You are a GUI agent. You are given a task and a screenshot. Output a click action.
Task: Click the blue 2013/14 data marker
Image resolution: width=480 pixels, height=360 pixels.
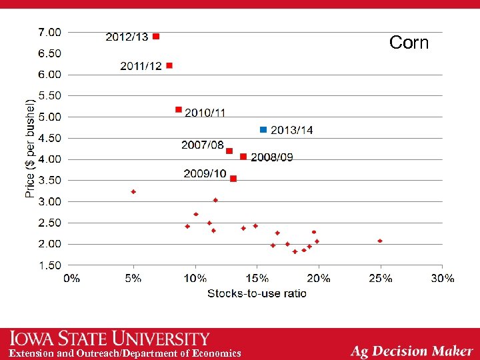coord(263,129)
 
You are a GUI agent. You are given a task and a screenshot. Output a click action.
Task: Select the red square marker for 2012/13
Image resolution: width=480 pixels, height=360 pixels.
coord(156,37)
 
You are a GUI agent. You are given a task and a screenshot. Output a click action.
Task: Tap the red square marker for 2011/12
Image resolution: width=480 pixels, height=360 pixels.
coord(169,65)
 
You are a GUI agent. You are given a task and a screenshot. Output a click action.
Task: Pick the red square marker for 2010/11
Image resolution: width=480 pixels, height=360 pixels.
coord(179,109)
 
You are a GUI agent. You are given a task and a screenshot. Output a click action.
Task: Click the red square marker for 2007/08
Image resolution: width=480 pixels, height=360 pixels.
coord(229,151)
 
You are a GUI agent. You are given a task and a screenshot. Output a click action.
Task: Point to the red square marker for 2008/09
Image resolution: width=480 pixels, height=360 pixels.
coord(243,157)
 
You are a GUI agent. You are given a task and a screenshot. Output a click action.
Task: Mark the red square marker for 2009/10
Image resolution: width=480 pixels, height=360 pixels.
coord(233,179)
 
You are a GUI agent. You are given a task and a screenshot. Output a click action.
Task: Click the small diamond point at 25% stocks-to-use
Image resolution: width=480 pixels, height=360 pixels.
coord(380,241)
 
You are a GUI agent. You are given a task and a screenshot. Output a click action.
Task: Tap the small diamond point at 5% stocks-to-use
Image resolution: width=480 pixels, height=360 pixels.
coord(133,191)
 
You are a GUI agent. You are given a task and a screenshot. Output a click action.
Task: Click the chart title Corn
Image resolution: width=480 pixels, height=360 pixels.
coord(409,43)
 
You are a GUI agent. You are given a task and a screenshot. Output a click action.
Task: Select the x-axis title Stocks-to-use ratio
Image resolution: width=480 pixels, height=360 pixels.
coord(257,293)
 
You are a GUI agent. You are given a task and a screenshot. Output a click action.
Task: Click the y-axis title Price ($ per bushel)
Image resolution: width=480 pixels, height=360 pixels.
coord(30,148)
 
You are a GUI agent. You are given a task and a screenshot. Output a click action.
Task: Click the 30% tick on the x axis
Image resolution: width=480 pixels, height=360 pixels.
coord(442,278)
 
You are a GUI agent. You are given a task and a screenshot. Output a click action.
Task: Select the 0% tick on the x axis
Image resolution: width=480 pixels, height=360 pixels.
coord(71,278)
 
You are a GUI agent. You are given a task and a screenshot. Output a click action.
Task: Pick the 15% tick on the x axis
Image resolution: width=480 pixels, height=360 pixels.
coord(257,278)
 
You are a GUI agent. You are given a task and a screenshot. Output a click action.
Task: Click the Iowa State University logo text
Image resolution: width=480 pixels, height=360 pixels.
coord(110,339)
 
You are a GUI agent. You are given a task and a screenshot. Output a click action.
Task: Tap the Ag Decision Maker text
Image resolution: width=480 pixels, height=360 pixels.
coord(411,351)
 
